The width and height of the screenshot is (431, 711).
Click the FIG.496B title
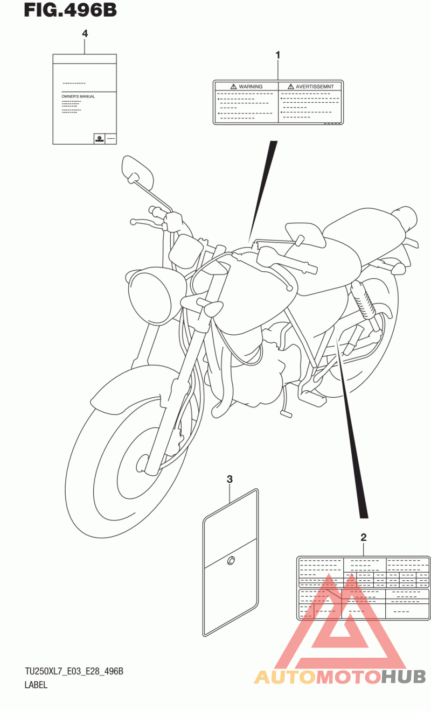pyautogui.click(x=70, y=10)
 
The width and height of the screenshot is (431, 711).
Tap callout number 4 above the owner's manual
pyautogui.click(x=85, y=34)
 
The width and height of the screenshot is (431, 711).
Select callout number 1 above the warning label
pyautogui.click(x=278, y=55)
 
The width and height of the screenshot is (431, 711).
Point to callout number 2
pyautogui.click(x=364, y=537)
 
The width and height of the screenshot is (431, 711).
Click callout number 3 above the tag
pyautogui.click(x=230, y=479)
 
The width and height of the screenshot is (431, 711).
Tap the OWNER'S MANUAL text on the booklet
pyautogui.click(x=78, y=96)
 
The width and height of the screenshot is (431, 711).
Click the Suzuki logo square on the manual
pyautogui.click(x=100, y=139)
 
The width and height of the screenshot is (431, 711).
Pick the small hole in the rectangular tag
pyautogui.click(x=231, y=561)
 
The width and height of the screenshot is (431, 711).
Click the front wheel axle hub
pyautogui.click(x=143, y=462)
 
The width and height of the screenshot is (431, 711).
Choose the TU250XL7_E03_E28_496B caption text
pyautogui.click(x=74, y=671)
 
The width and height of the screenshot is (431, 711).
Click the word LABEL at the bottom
pyautogui.click(x=36, y=685)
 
